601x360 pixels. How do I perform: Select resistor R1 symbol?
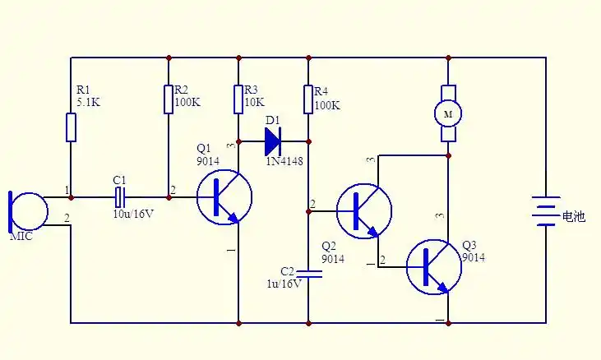coord(72,127)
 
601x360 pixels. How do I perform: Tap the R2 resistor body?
coord(169,99)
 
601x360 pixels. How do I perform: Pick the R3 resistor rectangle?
coord(238,99)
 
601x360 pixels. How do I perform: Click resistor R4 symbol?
coord(308,99)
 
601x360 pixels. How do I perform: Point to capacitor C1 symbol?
coord(120,197)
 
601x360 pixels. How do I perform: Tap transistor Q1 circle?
coord(224,197)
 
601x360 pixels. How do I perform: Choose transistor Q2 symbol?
coord(364,211)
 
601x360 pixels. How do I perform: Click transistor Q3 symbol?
coord(434,266)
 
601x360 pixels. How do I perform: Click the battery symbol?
coord(545,210)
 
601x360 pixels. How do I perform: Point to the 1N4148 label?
coord(284,162)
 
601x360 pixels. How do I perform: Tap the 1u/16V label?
coord(283,283)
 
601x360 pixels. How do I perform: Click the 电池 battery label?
coord(572,217)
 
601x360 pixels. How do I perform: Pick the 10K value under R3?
coord(255,104)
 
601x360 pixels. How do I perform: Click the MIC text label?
coord(21,237)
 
